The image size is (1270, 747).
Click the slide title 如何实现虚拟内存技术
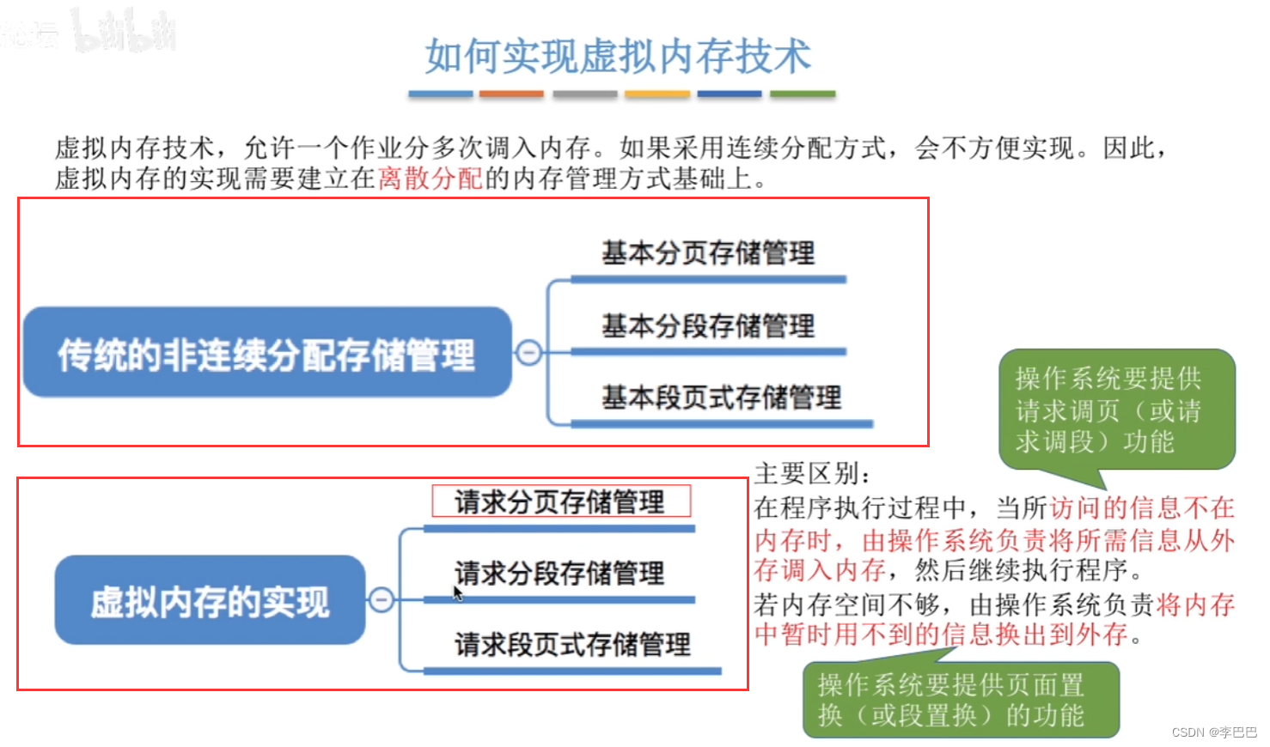[618, 57]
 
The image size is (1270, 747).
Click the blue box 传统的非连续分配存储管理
[266, 353]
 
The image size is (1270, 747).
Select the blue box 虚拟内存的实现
[210, 600]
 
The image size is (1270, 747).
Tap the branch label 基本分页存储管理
[708, 253]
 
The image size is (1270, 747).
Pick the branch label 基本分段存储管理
[708, 326]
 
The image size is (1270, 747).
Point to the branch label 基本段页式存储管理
[721, 398]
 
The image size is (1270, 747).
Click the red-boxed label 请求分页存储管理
[560, 501]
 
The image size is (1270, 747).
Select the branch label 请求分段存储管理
[560, 573]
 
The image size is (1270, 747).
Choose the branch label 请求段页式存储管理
[572, 644]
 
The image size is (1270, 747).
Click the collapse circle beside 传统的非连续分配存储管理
[528, 352]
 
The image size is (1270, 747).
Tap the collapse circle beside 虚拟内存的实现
[382, 599]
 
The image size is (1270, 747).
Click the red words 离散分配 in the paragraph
[430, 179]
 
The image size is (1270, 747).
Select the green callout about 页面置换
[960, 700]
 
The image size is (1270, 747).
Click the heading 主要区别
[812, 473]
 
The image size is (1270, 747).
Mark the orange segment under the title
[511, 94]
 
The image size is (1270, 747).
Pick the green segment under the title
[802, 94]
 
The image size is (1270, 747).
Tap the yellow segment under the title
[656, 94]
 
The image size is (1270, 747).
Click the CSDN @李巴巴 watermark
[1213, 732]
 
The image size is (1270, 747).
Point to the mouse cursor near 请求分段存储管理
[457, 592]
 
